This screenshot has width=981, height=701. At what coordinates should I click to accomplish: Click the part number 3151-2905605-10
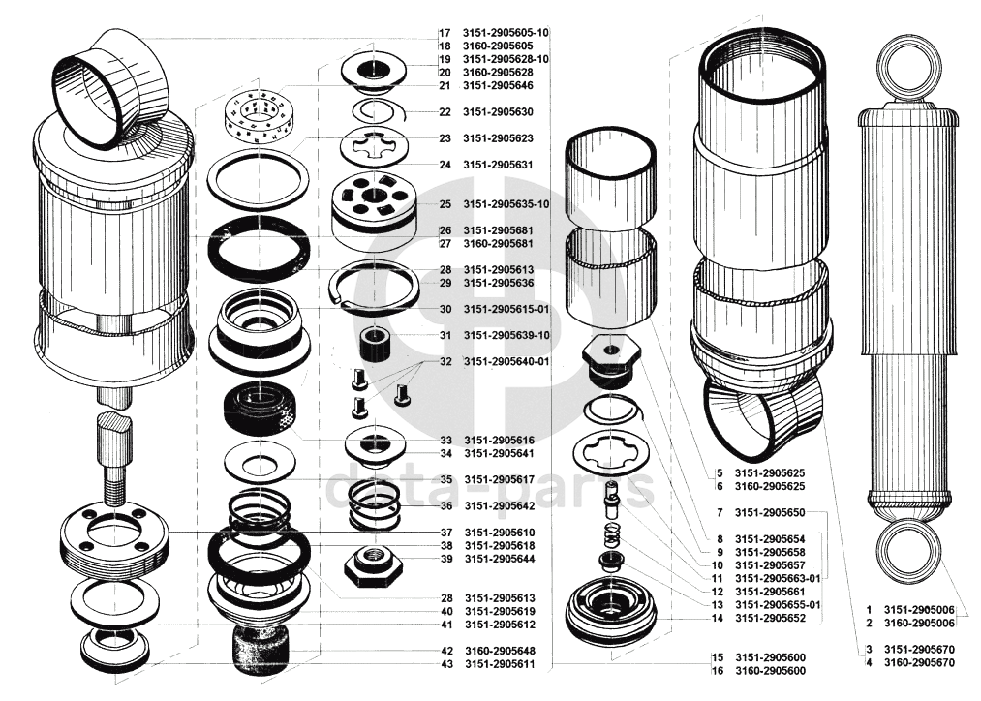pos(506,32)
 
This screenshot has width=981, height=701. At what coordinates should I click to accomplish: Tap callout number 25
pos(445,204)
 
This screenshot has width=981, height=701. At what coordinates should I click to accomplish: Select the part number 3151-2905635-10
pos(506,204)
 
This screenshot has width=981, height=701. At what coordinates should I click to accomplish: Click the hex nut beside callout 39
pos(372,564)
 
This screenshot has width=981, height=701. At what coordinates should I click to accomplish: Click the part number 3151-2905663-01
pos(778,578)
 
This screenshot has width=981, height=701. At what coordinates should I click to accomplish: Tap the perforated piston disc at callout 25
pos(373,200)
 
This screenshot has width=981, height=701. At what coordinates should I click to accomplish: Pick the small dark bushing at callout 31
pos(374,342)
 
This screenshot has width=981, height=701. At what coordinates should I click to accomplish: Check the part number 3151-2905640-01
pos(506,361)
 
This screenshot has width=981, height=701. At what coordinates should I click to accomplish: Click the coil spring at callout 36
pos(374,504)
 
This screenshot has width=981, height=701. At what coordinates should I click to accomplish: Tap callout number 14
pos(717,618)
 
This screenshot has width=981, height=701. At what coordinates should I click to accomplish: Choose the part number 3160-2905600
pos(771,670)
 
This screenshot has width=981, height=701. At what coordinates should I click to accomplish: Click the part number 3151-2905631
pos(499,165)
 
